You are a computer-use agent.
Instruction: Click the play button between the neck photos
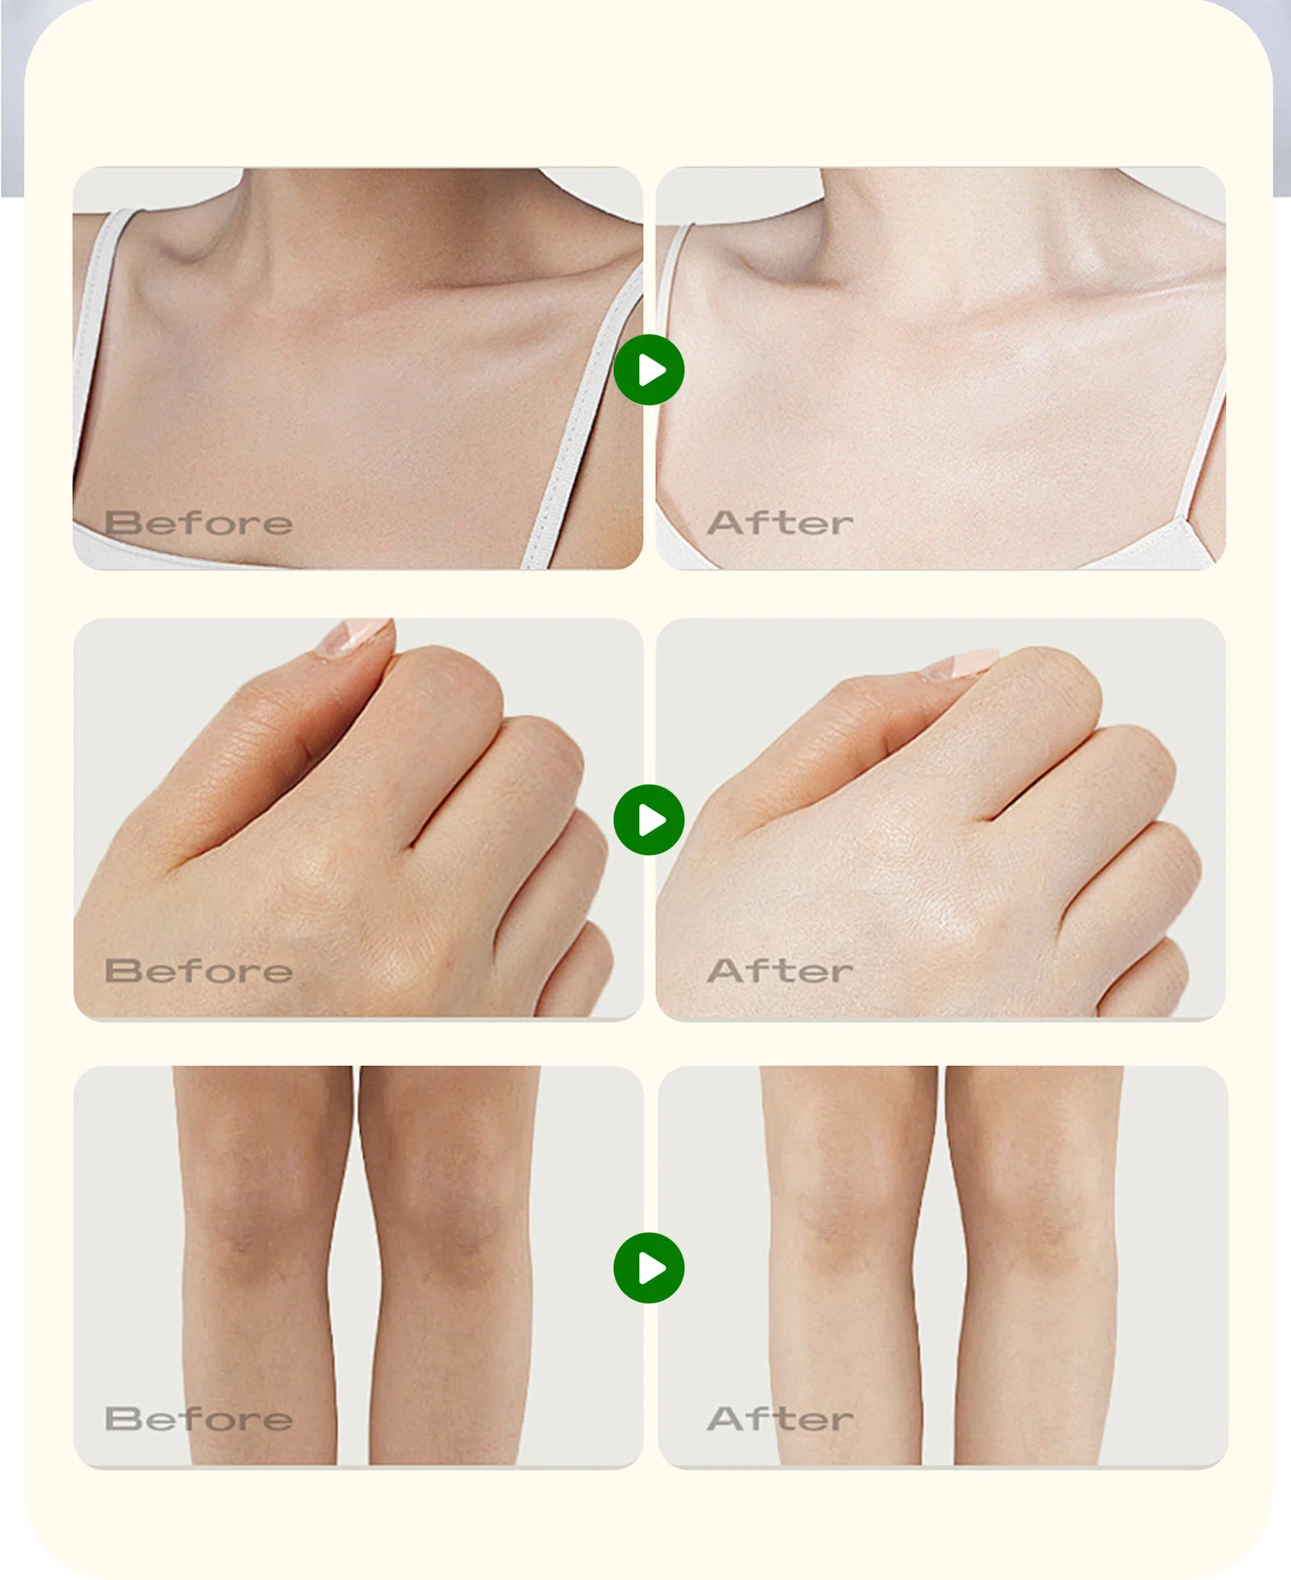coord(648,369)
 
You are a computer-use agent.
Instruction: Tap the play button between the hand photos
coord(648,820)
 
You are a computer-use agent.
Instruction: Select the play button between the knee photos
coord(648,1268)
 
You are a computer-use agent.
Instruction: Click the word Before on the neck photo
coord(198,523)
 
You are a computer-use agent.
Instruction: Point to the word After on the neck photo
coord(780,523)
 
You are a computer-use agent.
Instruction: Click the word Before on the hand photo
coord(198,971)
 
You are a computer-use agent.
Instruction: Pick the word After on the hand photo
coord(780,971)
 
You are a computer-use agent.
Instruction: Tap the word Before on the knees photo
coord(198,1419)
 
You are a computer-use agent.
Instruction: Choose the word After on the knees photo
coord(780,1419)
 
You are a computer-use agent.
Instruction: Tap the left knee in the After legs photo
coord(839,1218)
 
